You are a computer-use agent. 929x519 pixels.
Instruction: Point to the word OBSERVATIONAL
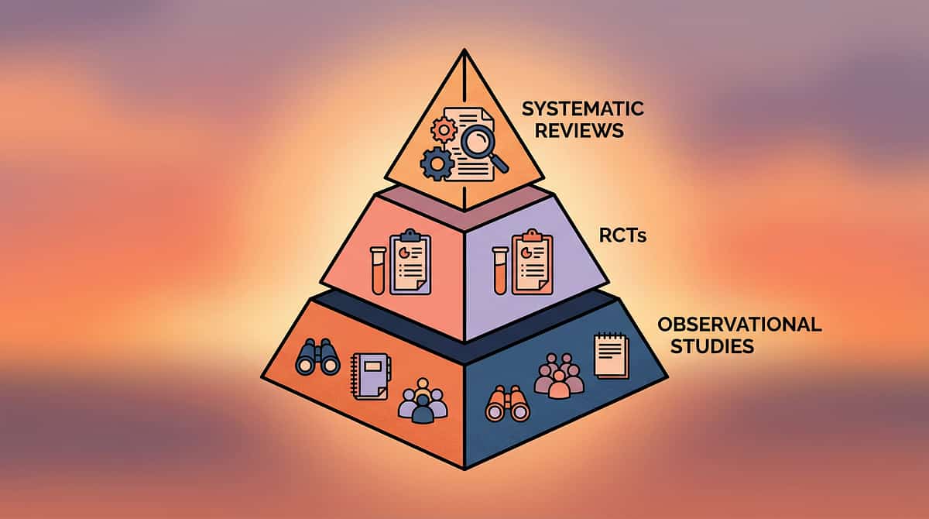pos(739,325)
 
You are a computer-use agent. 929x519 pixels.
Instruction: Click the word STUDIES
pos(711,346)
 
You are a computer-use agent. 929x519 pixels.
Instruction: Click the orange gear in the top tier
pos(444,129)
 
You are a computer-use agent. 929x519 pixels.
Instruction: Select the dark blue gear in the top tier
pos(436,163)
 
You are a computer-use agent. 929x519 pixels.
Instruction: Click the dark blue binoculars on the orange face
pos(318,357)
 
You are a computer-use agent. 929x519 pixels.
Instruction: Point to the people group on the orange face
pos(422,400)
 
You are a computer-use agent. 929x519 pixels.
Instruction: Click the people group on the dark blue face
pos(558,375)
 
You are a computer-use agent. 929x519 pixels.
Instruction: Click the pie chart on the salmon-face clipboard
pos(404,252)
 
